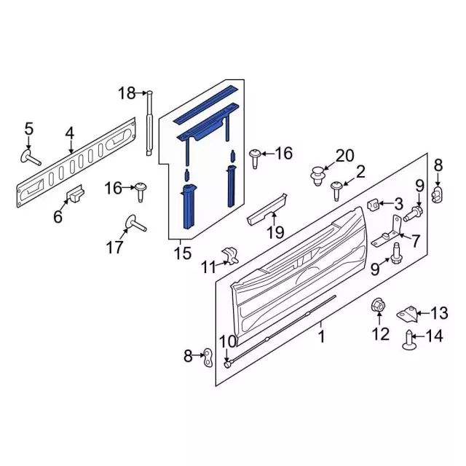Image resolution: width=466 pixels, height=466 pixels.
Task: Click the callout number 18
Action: tap(127, 93)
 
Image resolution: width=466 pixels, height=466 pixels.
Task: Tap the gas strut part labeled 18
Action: tap(149, 123)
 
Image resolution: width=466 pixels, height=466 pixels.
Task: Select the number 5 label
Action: tap(29, 129)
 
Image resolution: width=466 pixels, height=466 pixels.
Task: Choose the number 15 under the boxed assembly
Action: tap(183, 253)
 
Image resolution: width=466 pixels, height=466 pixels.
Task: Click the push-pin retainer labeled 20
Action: tap(318, 176)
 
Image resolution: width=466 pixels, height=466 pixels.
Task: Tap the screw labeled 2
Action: tap(337, 191)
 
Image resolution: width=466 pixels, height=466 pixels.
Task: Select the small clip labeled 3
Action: tap(373, 205)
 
